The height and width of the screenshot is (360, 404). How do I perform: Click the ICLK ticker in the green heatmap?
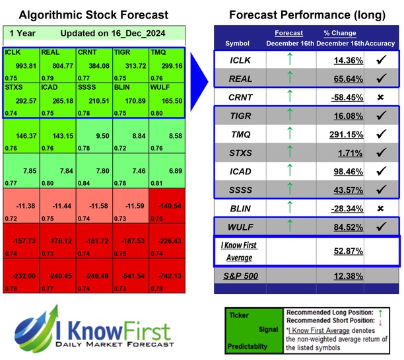coord(12,52)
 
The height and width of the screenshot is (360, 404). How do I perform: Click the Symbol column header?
coord(238,43)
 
